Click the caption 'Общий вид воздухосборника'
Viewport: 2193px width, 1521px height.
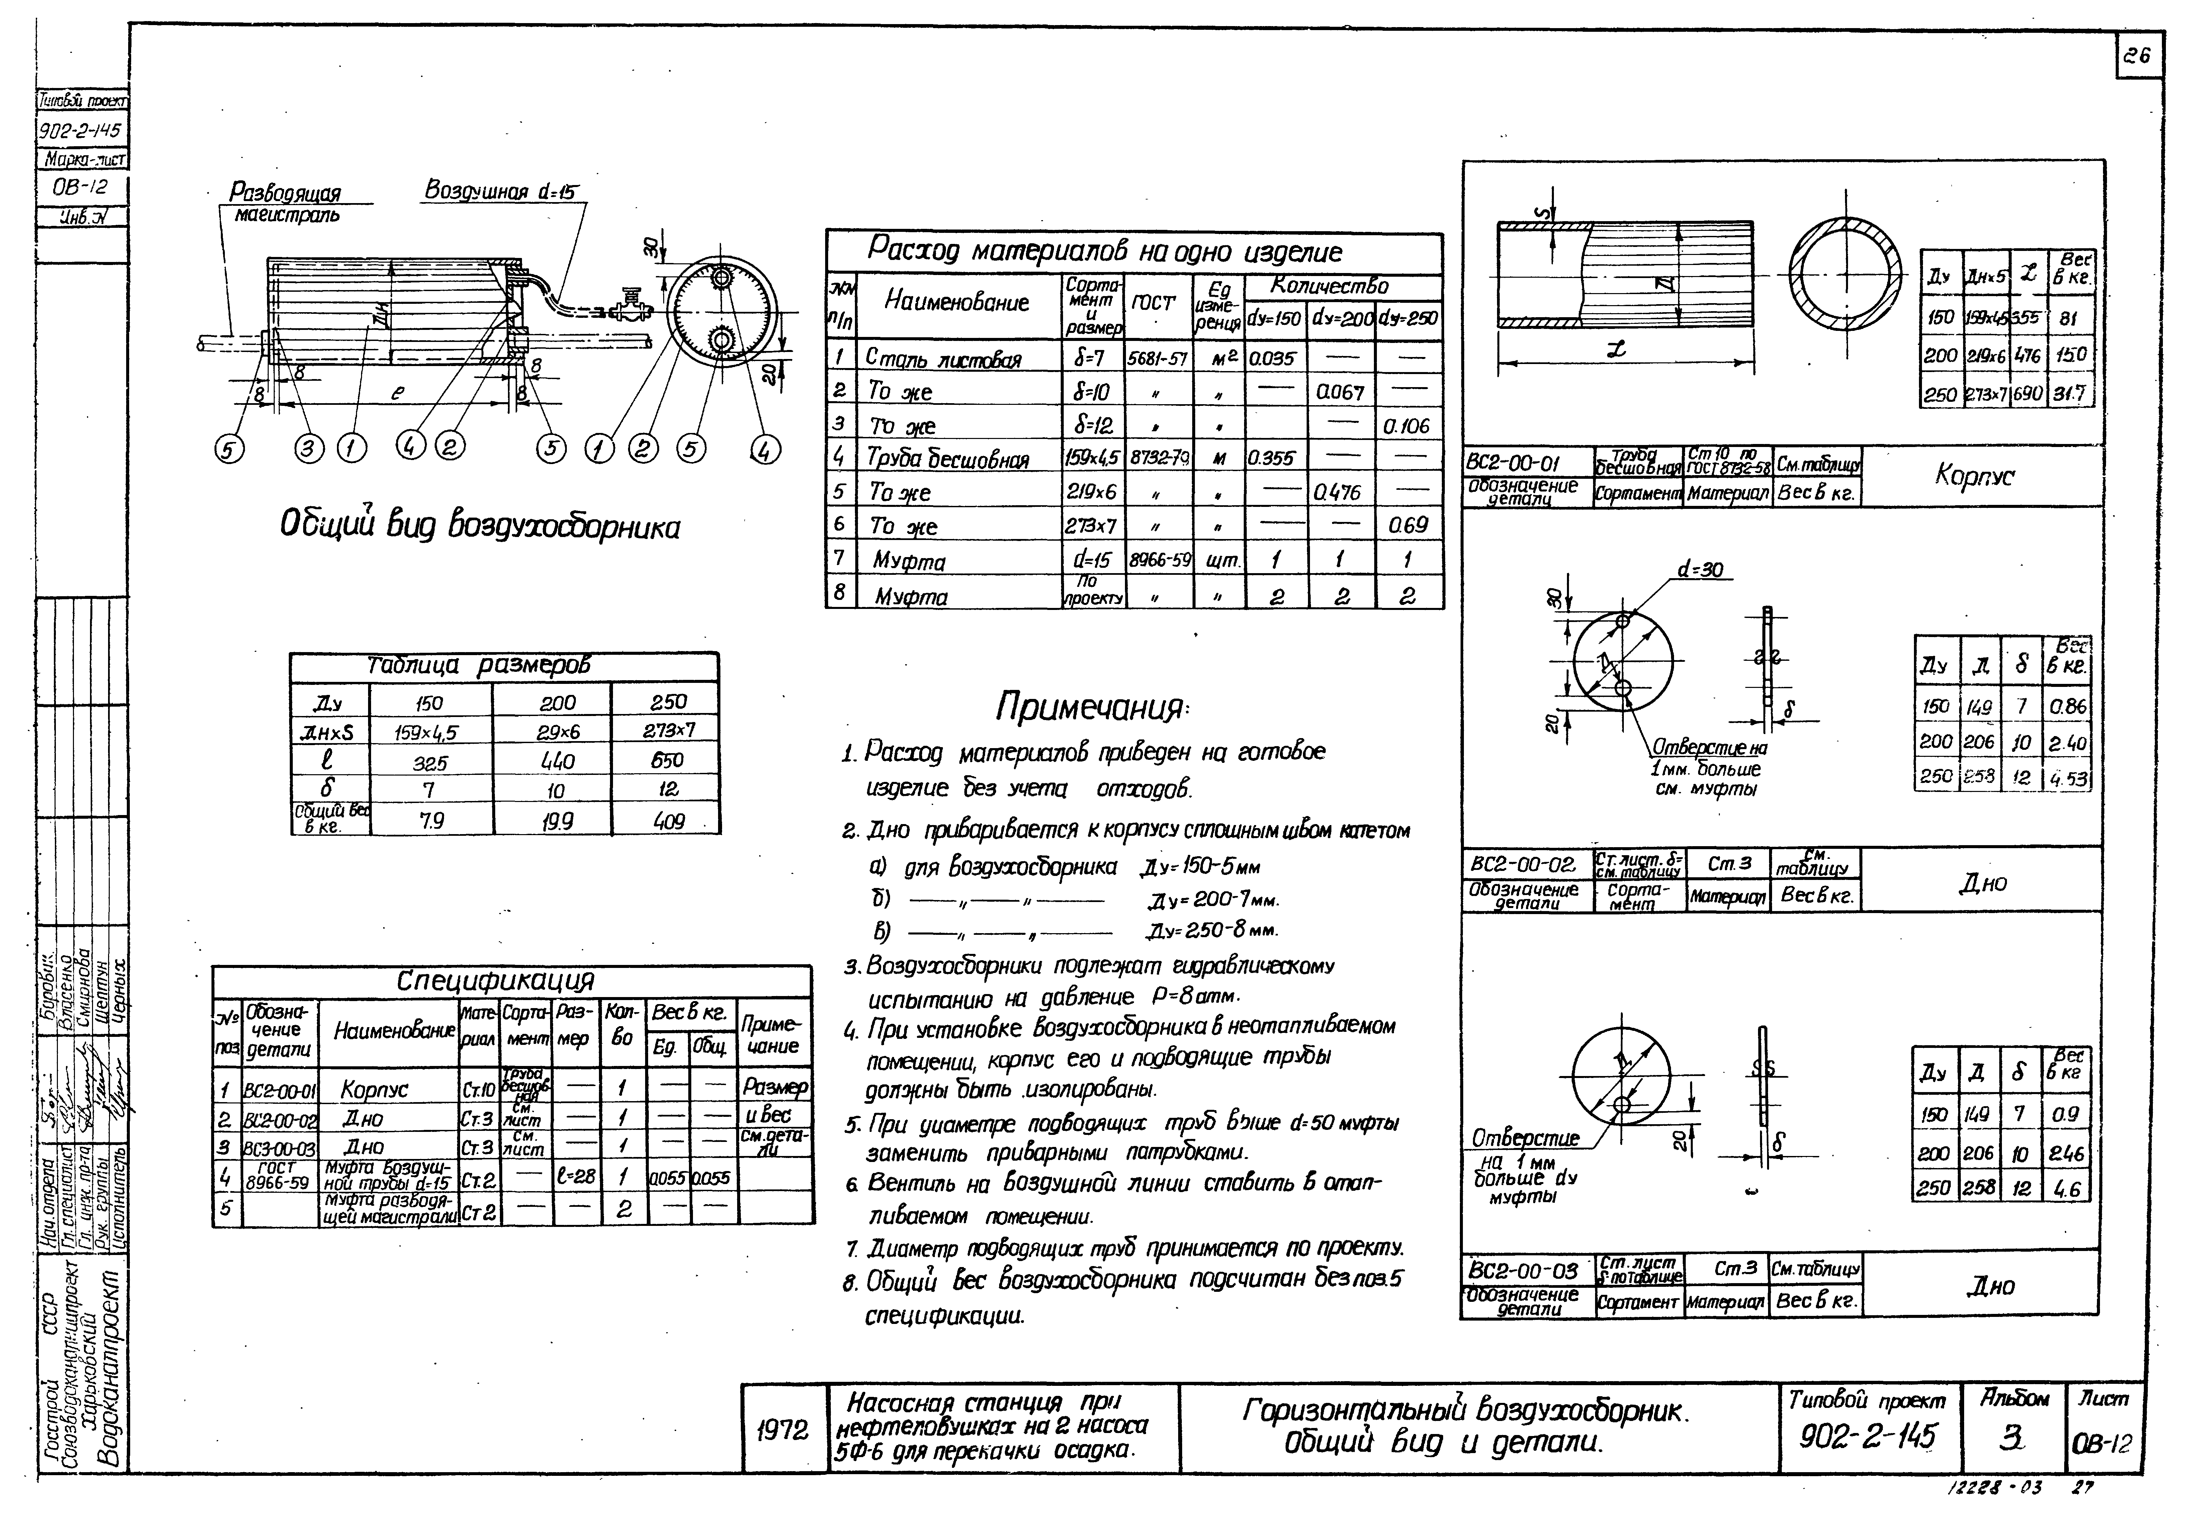point(479,525)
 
